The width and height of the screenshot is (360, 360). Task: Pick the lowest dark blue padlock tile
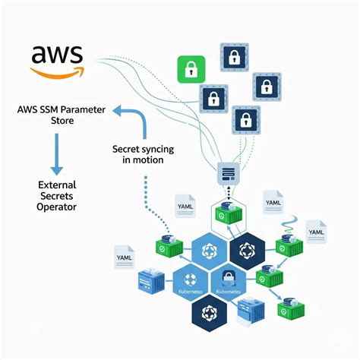245,119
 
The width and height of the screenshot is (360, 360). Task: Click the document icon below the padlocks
228,172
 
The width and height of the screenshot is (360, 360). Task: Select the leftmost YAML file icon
125,256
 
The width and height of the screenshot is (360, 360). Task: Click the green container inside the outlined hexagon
228,212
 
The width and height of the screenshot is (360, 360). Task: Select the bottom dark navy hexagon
207,310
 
